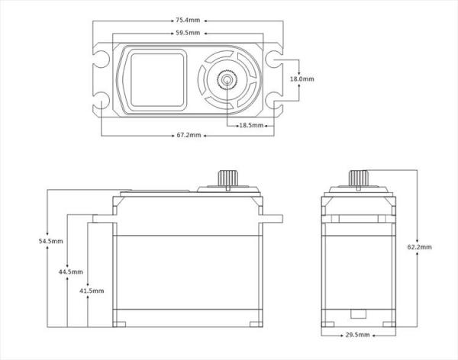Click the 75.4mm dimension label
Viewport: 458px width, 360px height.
(x=188, y=21)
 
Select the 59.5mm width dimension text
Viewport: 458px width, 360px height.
(x=188, y=33)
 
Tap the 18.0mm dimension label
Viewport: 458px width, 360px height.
(x=302, y=79)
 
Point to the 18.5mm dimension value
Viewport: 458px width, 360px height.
(x=251, y=126)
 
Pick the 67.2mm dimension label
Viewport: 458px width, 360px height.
(x=189, y=135)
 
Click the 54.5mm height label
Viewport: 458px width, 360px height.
(x=51, y=241)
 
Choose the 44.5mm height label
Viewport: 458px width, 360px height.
(x=71, y=272)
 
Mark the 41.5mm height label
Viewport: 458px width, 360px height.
(x=92, y=291)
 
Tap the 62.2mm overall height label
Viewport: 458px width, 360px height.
(x=419, y=247)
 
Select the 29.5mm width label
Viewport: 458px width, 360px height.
(x=357, y=335)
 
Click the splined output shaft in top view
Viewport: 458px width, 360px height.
(x=227, y=79)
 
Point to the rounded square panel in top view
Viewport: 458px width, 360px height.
(x=157, y=80)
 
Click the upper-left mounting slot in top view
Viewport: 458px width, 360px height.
(x=101, y=59)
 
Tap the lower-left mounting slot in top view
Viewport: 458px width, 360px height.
(x=101, y=100)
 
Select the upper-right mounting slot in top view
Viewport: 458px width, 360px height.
(x=275, y=59)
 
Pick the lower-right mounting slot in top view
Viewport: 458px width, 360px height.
(x=275, y=100)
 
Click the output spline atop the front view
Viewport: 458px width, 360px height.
(x=228, y=178)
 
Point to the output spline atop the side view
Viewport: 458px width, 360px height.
(x=359, y=178)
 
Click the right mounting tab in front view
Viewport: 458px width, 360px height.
(x=273, y=219)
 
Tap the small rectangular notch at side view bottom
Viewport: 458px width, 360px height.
(x=358, y=313)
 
